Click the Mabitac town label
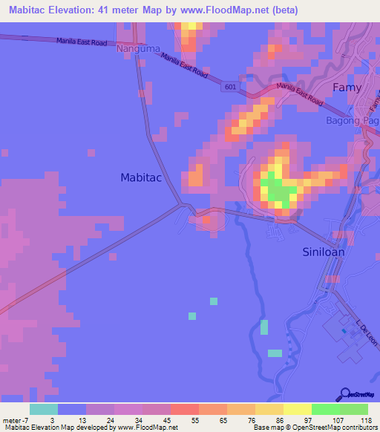tap(142, 177)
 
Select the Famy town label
tap(347, 87)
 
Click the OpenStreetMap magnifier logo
tap(345, 394)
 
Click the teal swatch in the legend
tap(44, 409)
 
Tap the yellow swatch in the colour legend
tap(298, 409)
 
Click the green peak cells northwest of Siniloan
tap(279, 191)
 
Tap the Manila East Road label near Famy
tap(299, 94)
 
